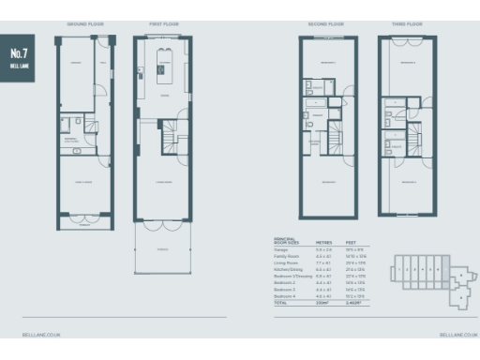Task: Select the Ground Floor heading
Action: [x=82, y=22]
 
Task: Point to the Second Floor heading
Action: [x=326, y=22]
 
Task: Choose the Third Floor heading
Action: [x=406, y=22]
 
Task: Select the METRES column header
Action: [x=323, y=240]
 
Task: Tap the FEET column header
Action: [x=352, y=240]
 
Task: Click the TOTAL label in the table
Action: [x=280, y=304]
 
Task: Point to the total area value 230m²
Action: [x=322, y=304]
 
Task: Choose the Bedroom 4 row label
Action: [x=285, y=297]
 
